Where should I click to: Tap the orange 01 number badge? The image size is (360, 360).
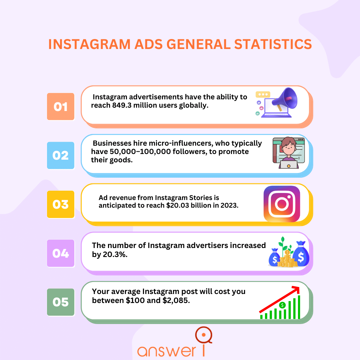(x=61, y=107)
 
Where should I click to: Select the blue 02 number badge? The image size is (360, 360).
(x=61, y=155)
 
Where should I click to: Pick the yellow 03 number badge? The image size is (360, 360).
(x=61, y=204)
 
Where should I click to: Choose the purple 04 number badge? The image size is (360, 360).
(x=61, y=253)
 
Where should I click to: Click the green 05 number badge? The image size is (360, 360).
(x=61, y=302)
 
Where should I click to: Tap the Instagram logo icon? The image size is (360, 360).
(x=282, y=204)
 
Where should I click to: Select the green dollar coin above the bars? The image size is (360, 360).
(x=283, y=305)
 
